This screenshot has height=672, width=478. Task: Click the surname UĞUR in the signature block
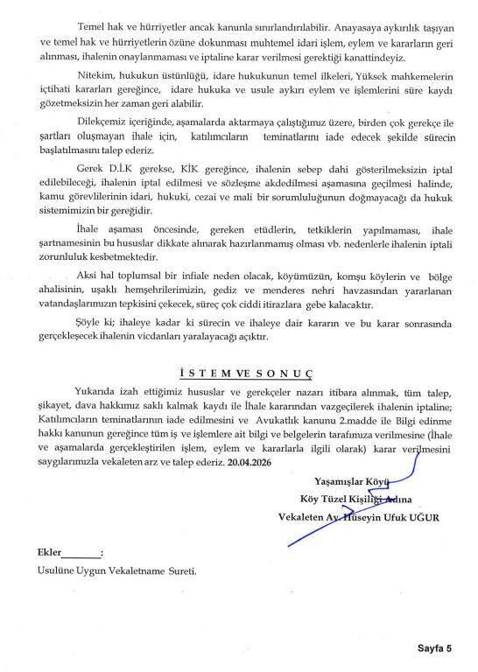420,518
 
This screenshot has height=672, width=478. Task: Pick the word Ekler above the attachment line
49,554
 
